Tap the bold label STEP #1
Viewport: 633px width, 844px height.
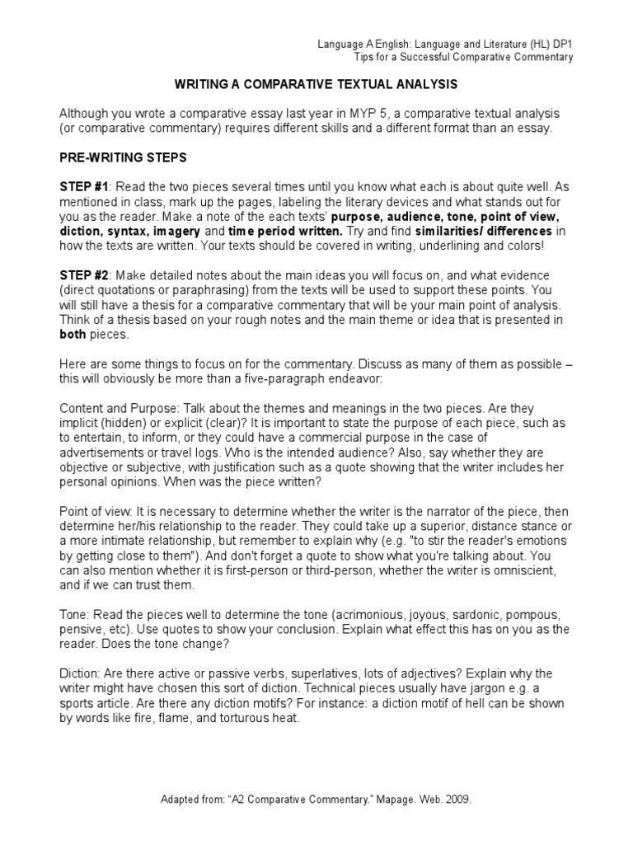pyautogui.click(x=83, y=187)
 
